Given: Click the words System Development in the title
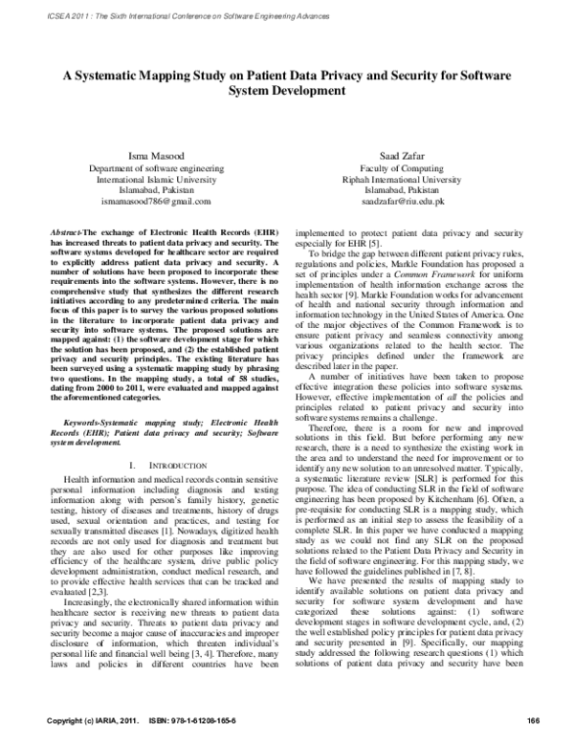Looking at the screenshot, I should [287, 92].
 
